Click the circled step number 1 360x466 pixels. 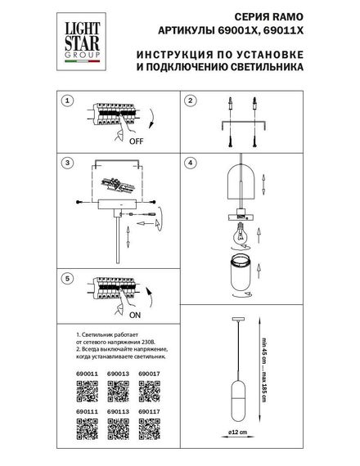click(x=69, y=101)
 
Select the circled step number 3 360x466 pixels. click(x=69, y=163)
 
